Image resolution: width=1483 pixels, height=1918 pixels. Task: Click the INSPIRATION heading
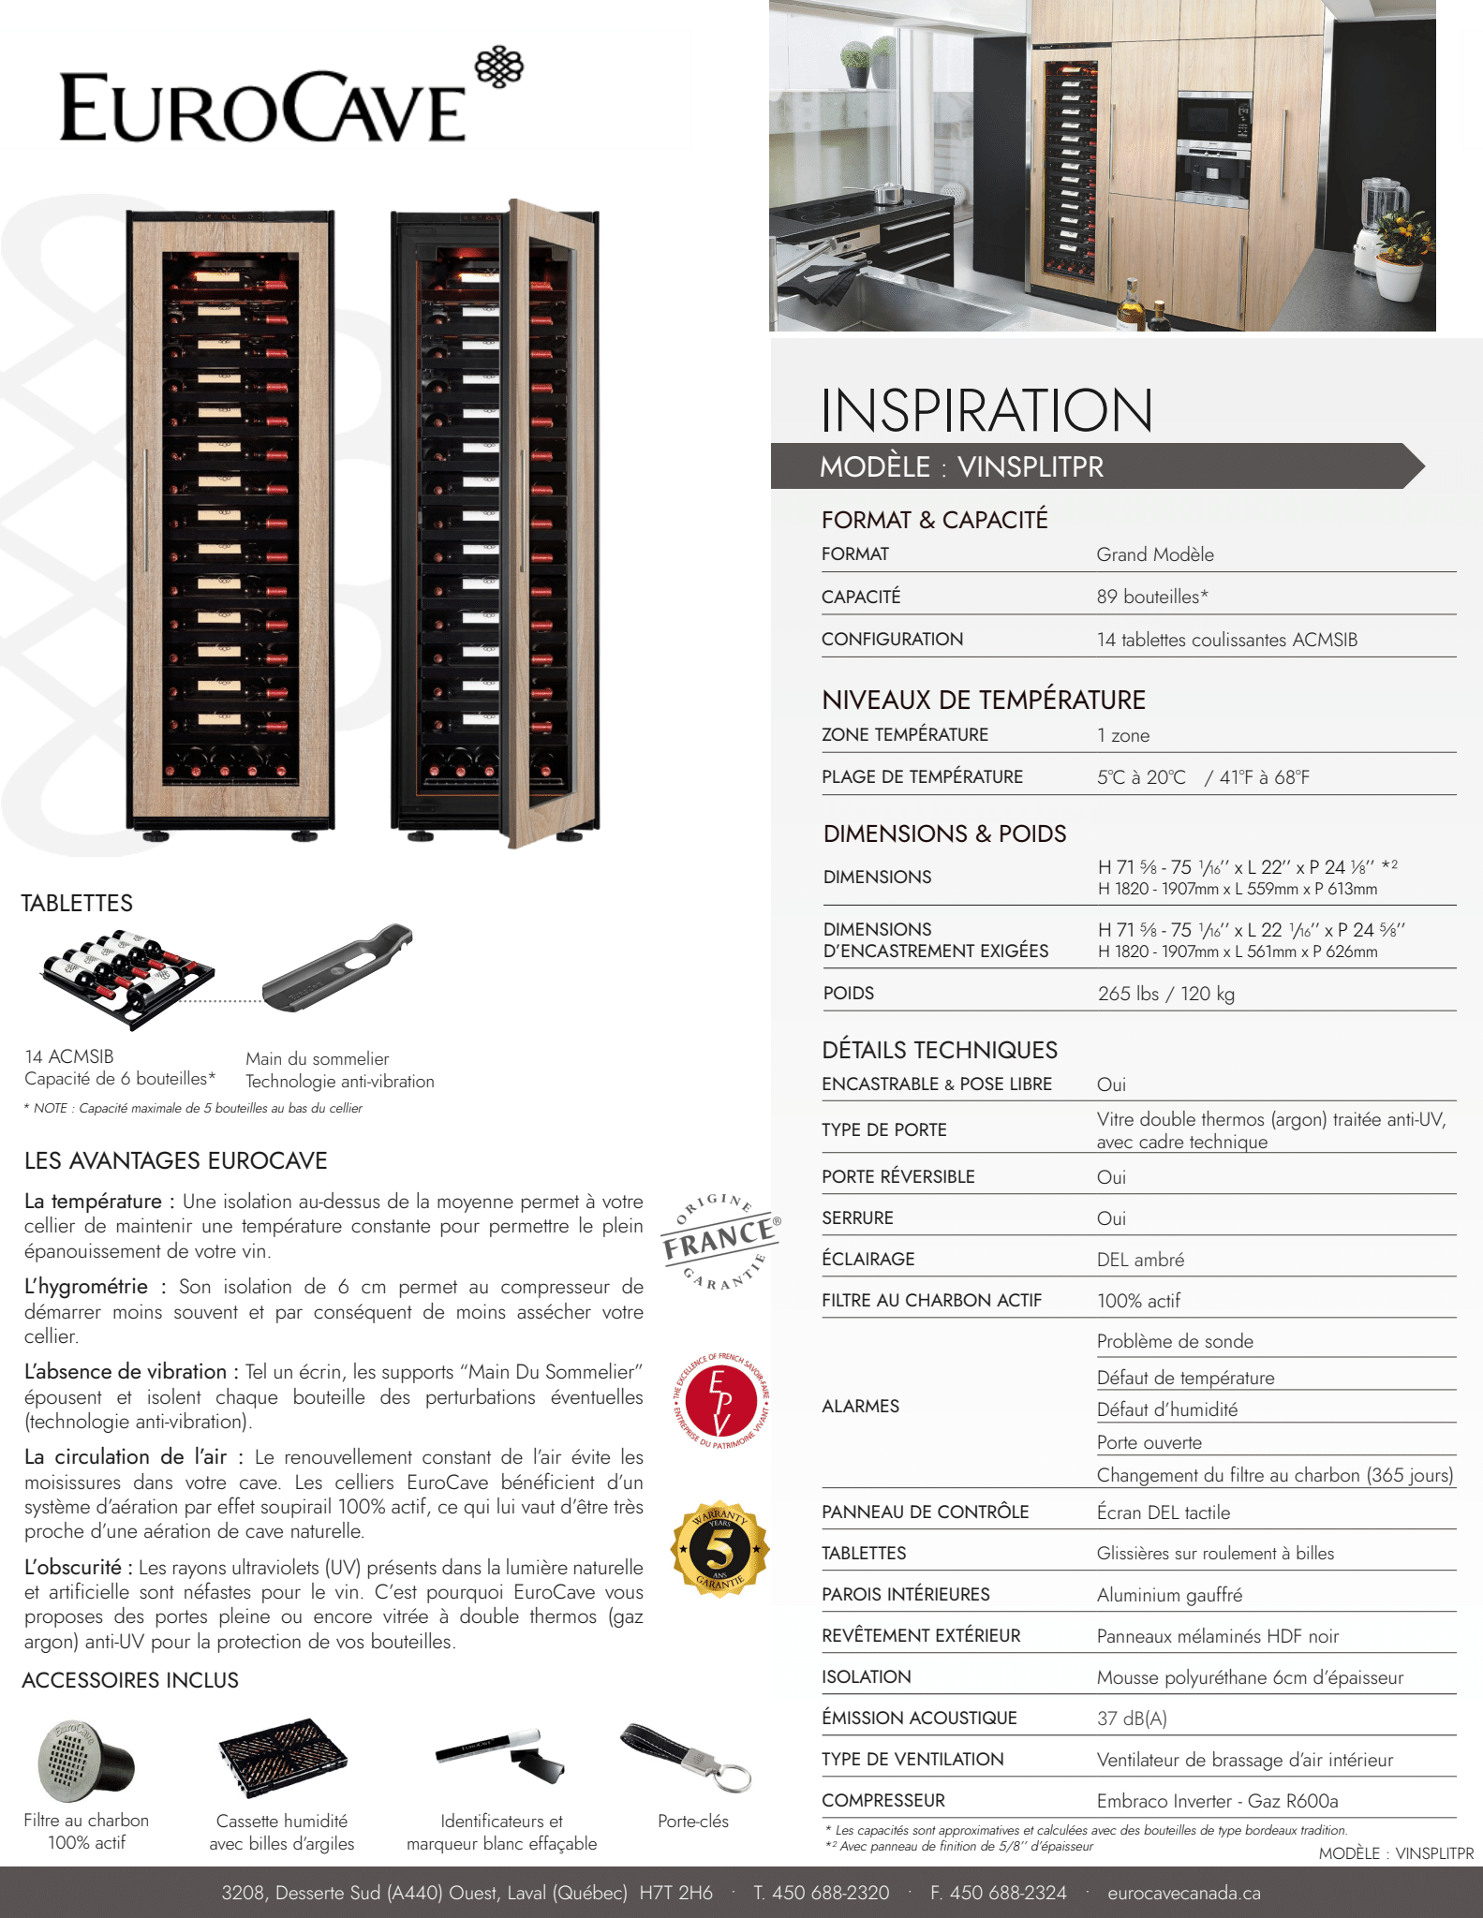click(986, 411)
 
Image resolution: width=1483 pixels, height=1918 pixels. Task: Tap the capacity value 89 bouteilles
click(1152, 597)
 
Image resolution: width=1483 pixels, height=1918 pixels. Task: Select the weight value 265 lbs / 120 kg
click(1165, 994)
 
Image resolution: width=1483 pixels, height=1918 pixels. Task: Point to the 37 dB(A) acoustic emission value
click(1132, 1719)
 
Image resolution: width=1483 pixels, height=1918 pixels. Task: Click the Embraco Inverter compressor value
click(1217, 1801)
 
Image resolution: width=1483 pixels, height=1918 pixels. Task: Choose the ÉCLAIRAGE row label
click(868, 1260)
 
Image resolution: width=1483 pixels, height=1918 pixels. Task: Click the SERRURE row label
click(857, 1218)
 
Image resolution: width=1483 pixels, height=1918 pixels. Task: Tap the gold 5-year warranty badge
click(719, 1550)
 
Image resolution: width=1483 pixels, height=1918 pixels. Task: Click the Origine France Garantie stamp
click(719, 1242)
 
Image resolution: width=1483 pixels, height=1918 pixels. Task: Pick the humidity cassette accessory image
click(282, 1758)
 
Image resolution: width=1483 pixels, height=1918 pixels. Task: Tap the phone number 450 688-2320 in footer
click(822, 1893)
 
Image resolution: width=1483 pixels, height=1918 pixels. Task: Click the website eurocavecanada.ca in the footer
click(1183, 1893)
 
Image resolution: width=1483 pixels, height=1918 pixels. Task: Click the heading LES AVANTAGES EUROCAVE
click(176, 1161)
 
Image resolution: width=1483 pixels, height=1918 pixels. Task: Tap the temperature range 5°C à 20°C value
click(1141, 777)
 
